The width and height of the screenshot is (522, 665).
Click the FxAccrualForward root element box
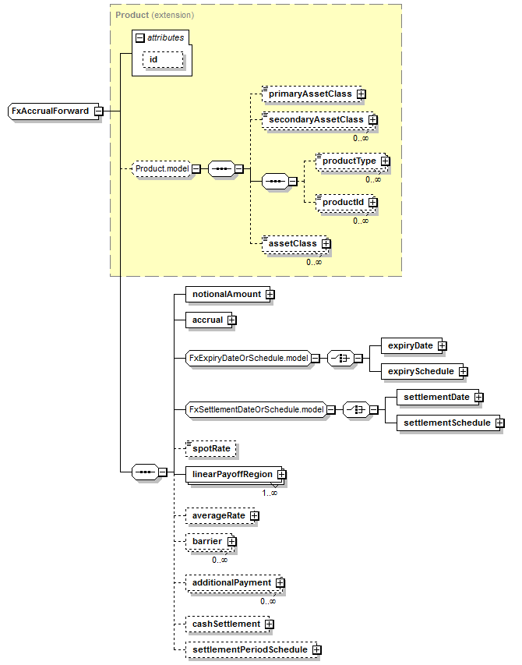tap(51, 111)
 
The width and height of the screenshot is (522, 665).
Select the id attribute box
tap(161, 60)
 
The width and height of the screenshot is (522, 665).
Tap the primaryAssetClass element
tap(309, 94)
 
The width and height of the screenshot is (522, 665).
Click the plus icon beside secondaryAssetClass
tap(372, 120)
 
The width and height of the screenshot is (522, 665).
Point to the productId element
tap(344, 202)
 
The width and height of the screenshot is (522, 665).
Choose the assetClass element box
tap(293, 243)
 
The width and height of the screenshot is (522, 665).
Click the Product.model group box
tap(161, 168)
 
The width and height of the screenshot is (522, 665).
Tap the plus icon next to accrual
tap(232, 320)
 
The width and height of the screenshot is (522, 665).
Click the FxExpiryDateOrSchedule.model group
tap(248, 359)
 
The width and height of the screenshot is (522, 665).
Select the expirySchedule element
tap(421, 371)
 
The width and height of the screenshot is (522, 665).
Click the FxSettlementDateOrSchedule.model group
tap(256, 409)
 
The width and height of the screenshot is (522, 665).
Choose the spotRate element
tap(210, 449)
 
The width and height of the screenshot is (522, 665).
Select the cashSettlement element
tap(226, 624)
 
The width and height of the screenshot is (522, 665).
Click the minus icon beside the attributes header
tap(139, 37)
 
